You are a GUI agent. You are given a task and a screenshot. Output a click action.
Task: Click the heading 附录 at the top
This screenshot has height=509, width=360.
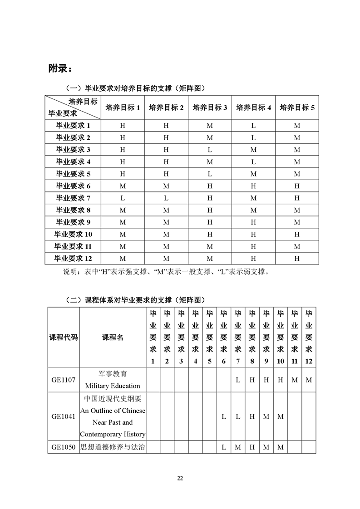tap(60, 69)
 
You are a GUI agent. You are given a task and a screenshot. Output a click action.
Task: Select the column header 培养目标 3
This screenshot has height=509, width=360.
tap(210, 108)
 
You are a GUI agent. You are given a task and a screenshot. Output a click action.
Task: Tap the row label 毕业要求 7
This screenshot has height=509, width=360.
tap(73, 198)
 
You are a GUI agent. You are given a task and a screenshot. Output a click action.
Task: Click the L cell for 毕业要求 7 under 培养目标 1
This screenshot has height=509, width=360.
tap(123, 198)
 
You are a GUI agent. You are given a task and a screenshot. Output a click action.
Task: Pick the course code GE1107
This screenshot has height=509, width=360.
tap(64, 380)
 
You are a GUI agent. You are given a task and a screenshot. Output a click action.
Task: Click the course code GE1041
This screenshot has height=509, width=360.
tap(64, 416)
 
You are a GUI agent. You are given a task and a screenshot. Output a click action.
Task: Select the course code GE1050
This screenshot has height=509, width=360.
tap(64, 447)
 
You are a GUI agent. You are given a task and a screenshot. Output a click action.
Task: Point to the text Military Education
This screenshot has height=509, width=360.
tap(113, 386)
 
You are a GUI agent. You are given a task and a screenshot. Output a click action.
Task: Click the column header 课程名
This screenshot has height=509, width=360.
tap(113, 337)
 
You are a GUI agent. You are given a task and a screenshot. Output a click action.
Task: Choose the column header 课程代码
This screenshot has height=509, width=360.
tap(64, 337)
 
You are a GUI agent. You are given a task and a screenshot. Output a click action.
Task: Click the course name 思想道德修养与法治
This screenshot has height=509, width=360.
tap(113, 447)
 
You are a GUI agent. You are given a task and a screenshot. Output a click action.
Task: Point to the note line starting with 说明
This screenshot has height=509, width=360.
tap(166, 272)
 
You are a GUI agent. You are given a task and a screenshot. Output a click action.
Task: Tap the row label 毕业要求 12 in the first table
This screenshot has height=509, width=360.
tap(73, 258)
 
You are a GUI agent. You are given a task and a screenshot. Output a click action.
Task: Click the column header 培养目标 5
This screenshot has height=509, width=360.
tap(297, 108)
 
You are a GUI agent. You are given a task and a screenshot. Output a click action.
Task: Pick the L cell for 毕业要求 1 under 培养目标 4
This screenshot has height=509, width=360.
tap(253, 126)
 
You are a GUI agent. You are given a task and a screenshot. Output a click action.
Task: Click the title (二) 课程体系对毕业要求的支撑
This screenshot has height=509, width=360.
tap(136, 300)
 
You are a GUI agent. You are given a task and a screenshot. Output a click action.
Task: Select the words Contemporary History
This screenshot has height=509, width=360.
tap(113, 434)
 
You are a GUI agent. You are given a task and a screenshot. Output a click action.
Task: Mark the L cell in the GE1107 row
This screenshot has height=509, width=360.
tap(238, 380)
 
